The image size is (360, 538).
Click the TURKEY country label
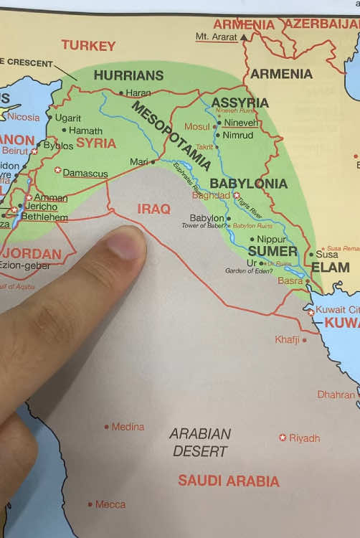pyautogui.click(x=88, y=45)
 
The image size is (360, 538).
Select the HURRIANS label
pyautogui.click(x=128, y=75)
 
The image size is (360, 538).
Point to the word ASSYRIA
pyautogui.click(x=240, y=103)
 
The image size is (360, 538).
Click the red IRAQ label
pyautogui.click(x=154, y=209)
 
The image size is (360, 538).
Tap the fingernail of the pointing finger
pyautogui.click(x=126, y=245)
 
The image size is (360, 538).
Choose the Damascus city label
pyautogui.click(x=85, y=173)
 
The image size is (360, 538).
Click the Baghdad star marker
pyautogui.click(x=236, y=195)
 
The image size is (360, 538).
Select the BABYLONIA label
pyautogui.click(x=248, y=184)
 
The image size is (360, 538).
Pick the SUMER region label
pyautogui.click(x=272, y=251)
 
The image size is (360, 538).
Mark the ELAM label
pyautogui.click(x=330, y=268)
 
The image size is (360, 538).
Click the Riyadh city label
pyautogui.click(x=304, y=438)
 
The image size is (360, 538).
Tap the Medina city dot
pyautogui.click(x=107, y=427)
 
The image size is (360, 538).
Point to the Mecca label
pyautogui.click(x=110, y=504)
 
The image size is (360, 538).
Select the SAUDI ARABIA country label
pyautogui.click(x=228, y=481)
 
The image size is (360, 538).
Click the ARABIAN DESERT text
pyautogui.click(x=201, y=443)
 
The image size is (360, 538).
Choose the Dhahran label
pyautogui.click(x=336, y=395)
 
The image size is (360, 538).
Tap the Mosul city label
pyautogui.click(x=197, y=127)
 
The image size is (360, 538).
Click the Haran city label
pyautogui.click(x=138, y=93)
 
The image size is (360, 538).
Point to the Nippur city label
pyautogui.click(x=272, y=239)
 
